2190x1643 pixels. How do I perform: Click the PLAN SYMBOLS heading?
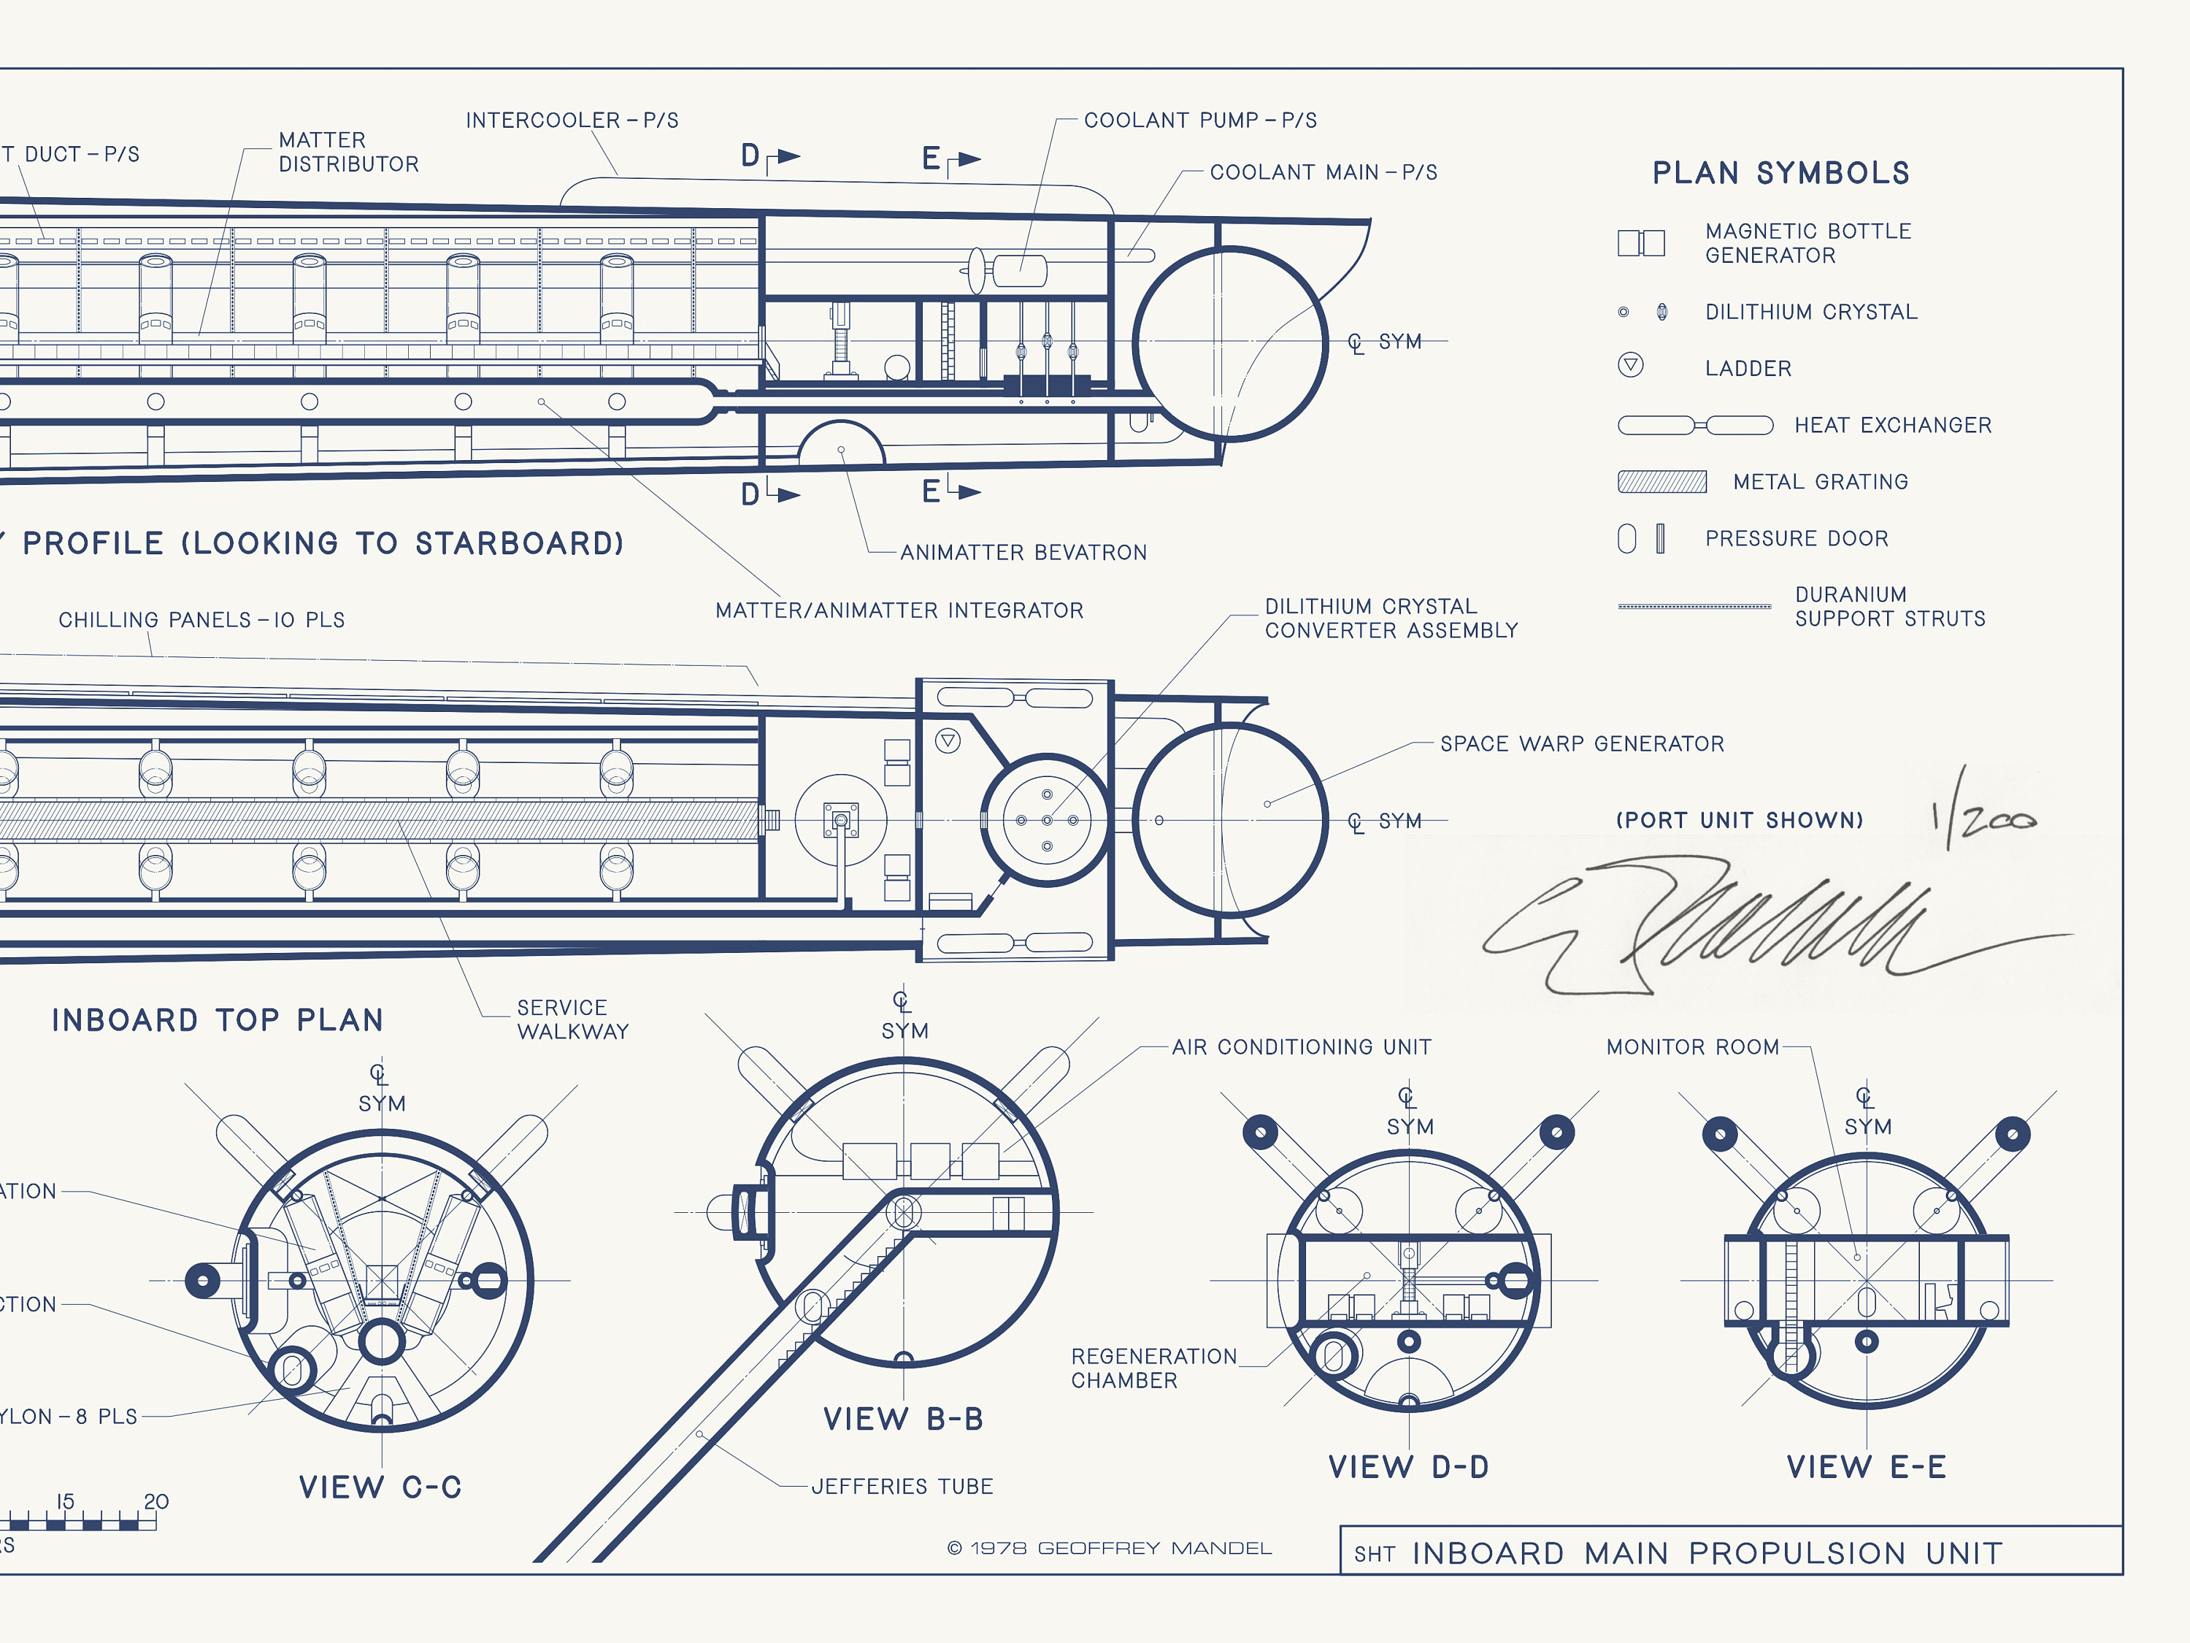click(x=1780, y=173)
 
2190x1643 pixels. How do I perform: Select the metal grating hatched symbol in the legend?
click(x=1661, y=482)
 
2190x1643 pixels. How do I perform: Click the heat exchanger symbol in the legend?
click(x=1694, y=426)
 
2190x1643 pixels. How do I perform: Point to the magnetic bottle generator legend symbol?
click(x=1640, y=242)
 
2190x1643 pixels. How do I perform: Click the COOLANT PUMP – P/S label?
click(x=1200, y=120)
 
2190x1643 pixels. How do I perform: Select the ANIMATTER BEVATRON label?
click(x=1023, y=553)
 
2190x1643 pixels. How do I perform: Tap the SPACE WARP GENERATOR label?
click(x=1581, y=744)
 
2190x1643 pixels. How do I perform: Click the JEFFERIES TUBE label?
click(x=902, y=1487)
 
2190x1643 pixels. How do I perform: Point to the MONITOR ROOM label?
click(x=1692, y=1047)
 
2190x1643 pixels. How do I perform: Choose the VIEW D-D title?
click(x=1408, y=1468)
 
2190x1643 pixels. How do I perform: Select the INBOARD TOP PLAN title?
click(x=217, y=1021)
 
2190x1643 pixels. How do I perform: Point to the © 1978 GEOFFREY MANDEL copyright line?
click(x=1109, y=1549)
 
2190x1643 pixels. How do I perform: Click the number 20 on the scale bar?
click(x=156, y=1502)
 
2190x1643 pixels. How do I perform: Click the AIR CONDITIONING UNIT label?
click(x=1301, y=1047)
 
